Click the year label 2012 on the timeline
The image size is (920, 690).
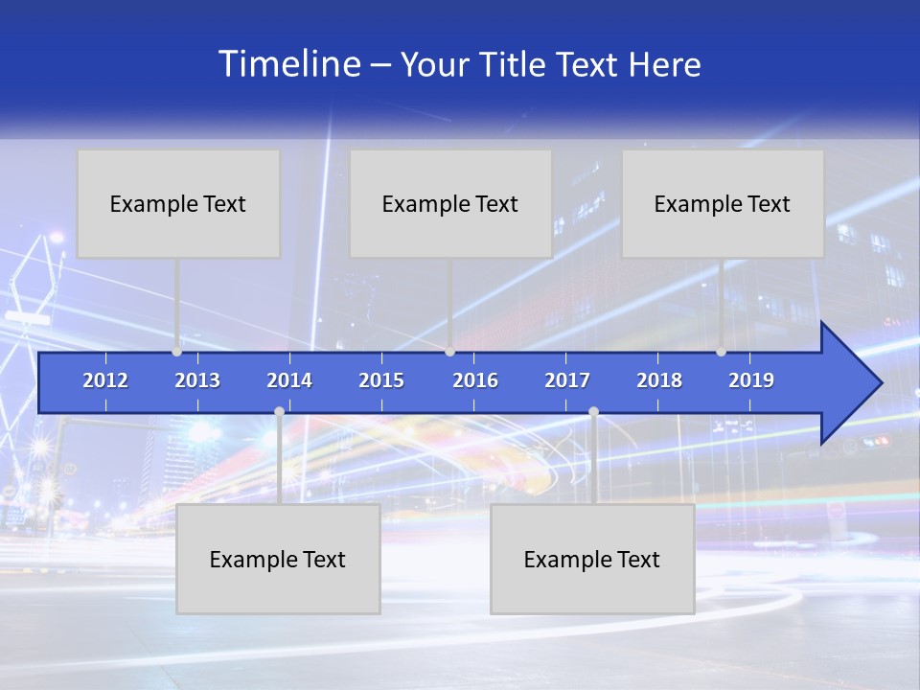105,380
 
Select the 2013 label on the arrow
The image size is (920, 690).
197,380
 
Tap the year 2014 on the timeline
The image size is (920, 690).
289,380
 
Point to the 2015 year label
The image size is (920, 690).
381,380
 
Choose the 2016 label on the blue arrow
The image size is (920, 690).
475,380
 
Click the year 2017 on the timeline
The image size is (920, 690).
567,380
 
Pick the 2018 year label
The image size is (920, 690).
659,380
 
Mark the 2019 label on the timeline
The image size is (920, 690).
751,380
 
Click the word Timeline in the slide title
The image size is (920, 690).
288,64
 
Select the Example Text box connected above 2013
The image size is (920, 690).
178,203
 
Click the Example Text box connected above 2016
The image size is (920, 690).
450,203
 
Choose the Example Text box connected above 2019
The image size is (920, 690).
723,203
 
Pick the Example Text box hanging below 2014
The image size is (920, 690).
278,559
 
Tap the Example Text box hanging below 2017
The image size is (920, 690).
592,559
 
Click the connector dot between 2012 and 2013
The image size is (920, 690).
176,352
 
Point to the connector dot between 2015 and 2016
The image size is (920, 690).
449,352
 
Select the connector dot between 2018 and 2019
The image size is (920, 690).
721,352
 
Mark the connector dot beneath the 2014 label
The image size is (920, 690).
279,411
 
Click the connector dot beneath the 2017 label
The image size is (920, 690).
593,411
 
